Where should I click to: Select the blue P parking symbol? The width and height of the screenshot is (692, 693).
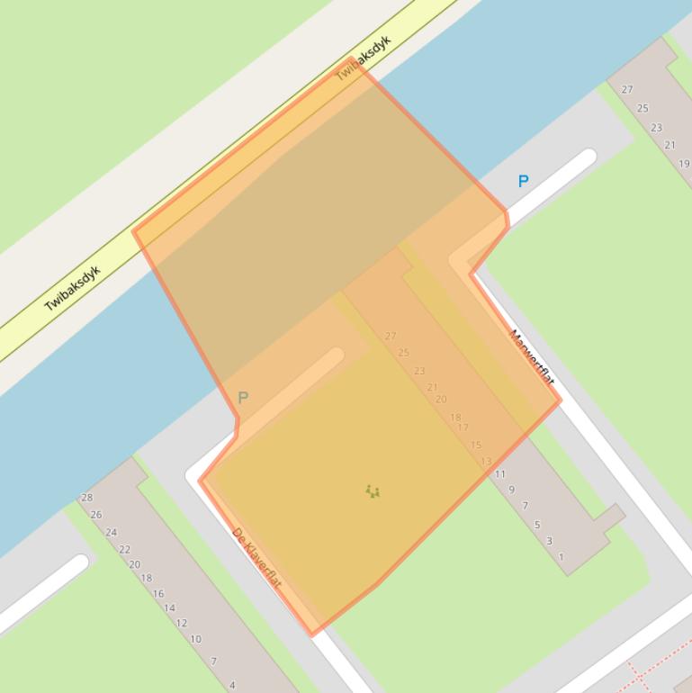[x=523, y=181]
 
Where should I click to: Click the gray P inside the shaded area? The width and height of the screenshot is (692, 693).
[x=242, y=397]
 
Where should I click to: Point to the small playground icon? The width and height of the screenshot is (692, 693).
[x=373, y=491]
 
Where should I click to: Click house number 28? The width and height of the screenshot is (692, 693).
[x=87, y=498]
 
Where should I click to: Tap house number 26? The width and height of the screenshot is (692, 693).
[x=96, y=515]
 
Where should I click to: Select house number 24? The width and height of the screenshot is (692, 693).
[x=112, y=532]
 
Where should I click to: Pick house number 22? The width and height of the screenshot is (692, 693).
[x=124, y=549]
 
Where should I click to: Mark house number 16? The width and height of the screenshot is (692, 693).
[x=158, y=593]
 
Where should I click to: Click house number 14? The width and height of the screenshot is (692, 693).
[x=169, y=607]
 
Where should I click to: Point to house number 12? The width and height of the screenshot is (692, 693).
[x=182, y=623]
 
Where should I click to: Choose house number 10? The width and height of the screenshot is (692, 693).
[x=195, y=639]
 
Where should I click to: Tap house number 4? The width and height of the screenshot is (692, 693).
[x=232, y=685]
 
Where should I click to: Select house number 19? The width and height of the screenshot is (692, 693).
[x=684, y=164]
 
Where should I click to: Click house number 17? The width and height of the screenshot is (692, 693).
[x=463, y=427]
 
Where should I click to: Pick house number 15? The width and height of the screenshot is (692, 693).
[x=476, y=445]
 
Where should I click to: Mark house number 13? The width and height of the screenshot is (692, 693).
[x=486, y=462]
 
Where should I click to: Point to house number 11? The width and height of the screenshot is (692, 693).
[x=500, y=474]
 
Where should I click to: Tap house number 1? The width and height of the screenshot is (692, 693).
[x=562, y=557]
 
